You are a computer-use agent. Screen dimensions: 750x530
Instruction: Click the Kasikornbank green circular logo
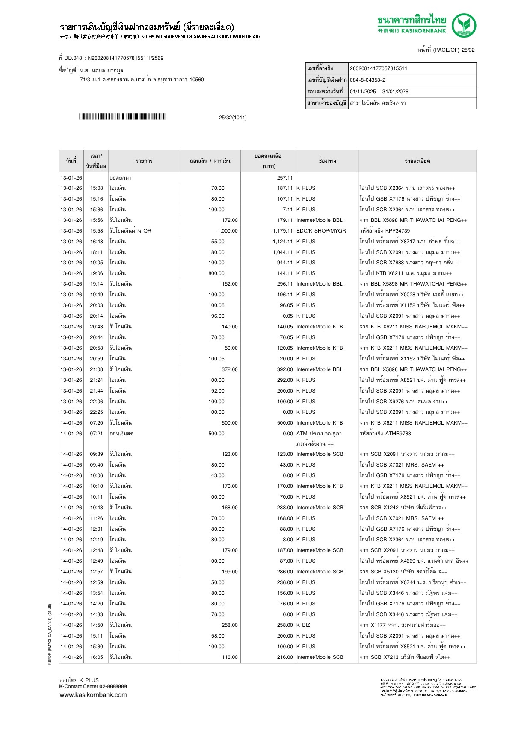pos(464,26)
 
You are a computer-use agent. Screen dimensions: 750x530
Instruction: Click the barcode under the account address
pos(122,117)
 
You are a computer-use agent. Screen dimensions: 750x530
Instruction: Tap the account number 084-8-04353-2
pos(367,80)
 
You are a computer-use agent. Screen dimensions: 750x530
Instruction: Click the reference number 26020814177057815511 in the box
pos(379,68)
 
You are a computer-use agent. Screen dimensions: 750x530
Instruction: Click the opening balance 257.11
pos(284,178)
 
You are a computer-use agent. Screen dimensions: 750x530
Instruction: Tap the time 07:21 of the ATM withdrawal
pos(96,434)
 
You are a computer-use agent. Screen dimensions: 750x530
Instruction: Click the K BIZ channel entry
pos(303,625)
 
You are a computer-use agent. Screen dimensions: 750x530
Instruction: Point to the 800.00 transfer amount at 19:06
pos(216,273)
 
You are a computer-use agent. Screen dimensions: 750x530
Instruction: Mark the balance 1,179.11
pos(282,231)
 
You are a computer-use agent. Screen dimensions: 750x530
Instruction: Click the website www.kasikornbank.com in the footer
pos(93,695)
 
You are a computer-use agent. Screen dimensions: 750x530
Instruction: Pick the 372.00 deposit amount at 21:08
pos(229,369)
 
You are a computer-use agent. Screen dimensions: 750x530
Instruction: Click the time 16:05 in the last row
pos(96,657)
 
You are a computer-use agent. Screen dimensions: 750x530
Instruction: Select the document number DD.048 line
pos(111,58)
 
